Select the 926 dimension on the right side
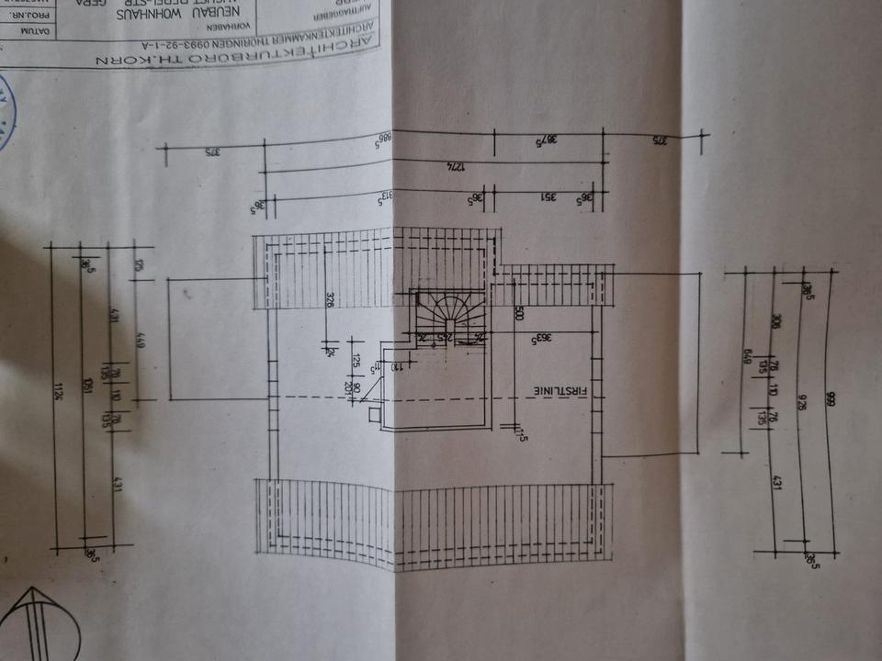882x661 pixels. [800, 399]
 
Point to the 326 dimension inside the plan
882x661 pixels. [330, 300]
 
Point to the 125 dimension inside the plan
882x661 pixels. [352, 359]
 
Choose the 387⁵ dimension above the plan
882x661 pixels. [548, 140]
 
